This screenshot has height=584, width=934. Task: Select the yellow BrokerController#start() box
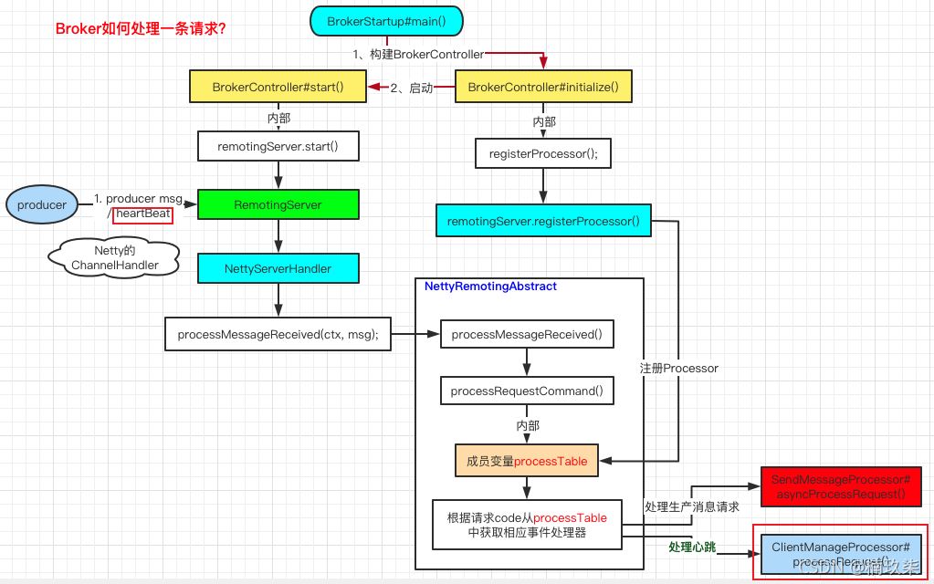[x=278, y=88]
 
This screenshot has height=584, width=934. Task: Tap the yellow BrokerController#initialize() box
[x=543, y=88]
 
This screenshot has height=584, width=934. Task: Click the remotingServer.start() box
[x=278, y=146]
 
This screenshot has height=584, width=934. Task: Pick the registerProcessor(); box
[x=543, y=153]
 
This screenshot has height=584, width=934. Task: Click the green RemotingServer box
[x=278, y=205]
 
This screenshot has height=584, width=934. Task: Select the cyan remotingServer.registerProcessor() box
[x=543, y=221]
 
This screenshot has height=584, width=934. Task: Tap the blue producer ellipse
[x=42, y=205]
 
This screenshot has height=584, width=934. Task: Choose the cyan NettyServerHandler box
[x=278, y=268]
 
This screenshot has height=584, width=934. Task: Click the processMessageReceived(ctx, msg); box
[x=278, y=334]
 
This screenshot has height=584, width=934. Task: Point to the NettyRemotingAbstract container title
[x=490, y=287]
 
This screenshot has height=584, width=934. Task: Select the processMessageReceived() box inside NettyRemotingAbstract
[x=527, y=334]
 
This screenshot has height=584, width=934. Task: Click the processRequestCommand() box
[x=527, y=391]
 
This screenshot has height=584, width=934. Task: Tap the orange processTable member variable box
[x=527, y=462]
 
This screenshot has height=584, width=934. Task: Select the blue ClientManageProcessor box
[x=841, y=553]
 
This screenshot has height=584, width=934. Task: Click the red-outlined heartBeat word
[x=143, y=214]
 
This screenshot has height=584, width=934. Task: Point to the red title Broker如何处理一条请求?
[x=142, y=29]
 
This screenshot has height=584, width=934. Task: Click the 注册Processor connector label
[x=678, y=369]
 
